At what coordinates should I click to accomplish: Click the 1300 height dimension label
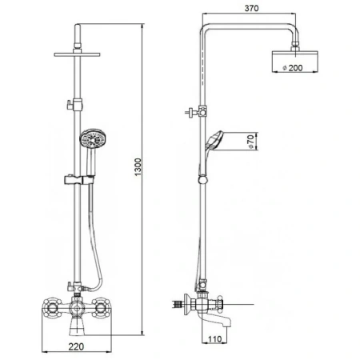(x=138, y=167)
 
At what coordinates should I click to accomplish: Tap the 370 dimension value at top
(x=251, y=8)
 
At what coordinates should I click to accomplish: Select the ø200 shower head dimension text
(x=293, y=68)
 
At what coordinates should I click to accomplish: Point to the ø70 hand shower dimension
(x=250, y=142)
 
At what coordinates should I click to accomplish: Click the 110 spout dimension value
(x=214, y=339)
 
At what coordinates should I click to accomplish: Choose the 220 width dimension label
(x=76, y=346)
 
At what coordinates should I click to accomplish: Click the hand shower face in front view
(x=93, y=139)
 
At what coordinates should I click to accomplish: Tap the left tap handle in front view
(x=51, y=309)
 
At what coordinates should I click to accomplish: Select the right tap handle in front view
(x=101, y=309)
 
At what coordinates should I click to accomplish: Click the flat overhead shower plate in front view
(x=77, y=54)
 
